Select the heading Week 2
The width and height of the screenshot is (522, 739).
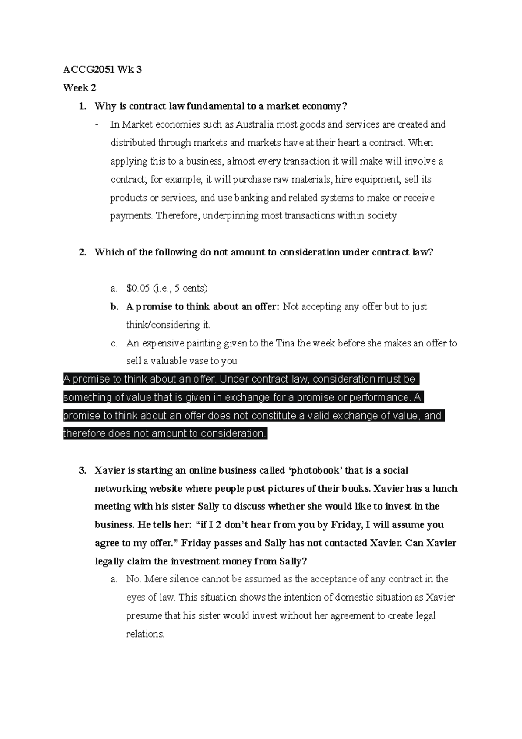click(x=79, y=88)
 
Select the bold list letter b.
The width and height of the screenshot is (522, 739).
click(x=114, y=307)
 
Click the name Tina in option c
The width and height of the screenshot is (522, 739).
click(x=285, y=343)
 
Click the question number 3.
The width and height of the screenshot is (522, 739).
click(x=82, y=470)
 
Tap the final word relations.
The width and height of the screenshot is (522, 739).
click(x=145, y=634)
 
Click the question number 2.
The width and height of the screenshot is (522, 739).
click(x=82, y=252)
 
